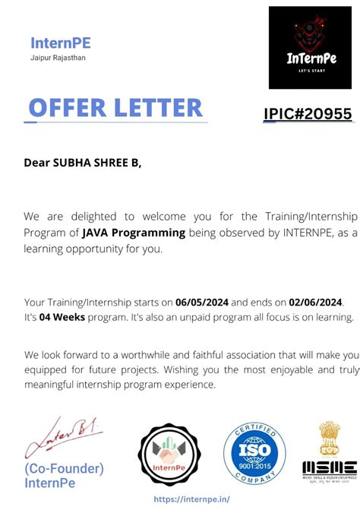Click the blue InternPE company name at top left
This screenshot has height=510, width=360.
[x=61, y=43]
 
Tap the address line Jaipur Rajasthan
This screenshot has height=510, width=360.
[x=58, y=58]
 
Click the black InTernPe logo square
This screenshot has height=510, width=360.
[x=310, y=47]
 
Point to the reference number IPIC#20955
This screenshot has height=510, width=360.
[x=308, y=114]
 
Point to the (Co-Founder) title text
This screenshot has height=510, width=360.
[x=65, y=468]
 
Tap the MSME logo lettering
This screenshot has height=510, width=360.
[x=330, y=467]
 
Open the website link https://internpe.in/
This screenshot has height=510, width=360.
[x=191, y=499]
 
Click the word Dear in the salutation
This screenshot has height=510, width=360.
[x=36, y=162]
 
